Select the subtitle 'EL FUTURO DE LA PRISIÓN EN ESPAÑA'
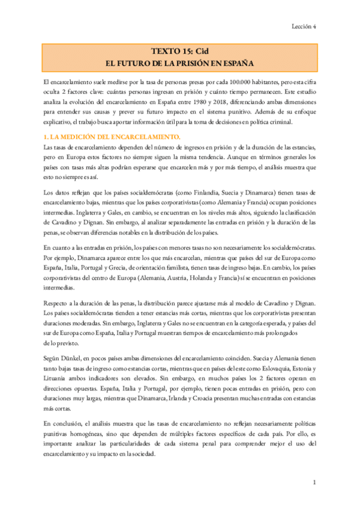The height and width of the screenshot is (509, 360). [x=179, y=62]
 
